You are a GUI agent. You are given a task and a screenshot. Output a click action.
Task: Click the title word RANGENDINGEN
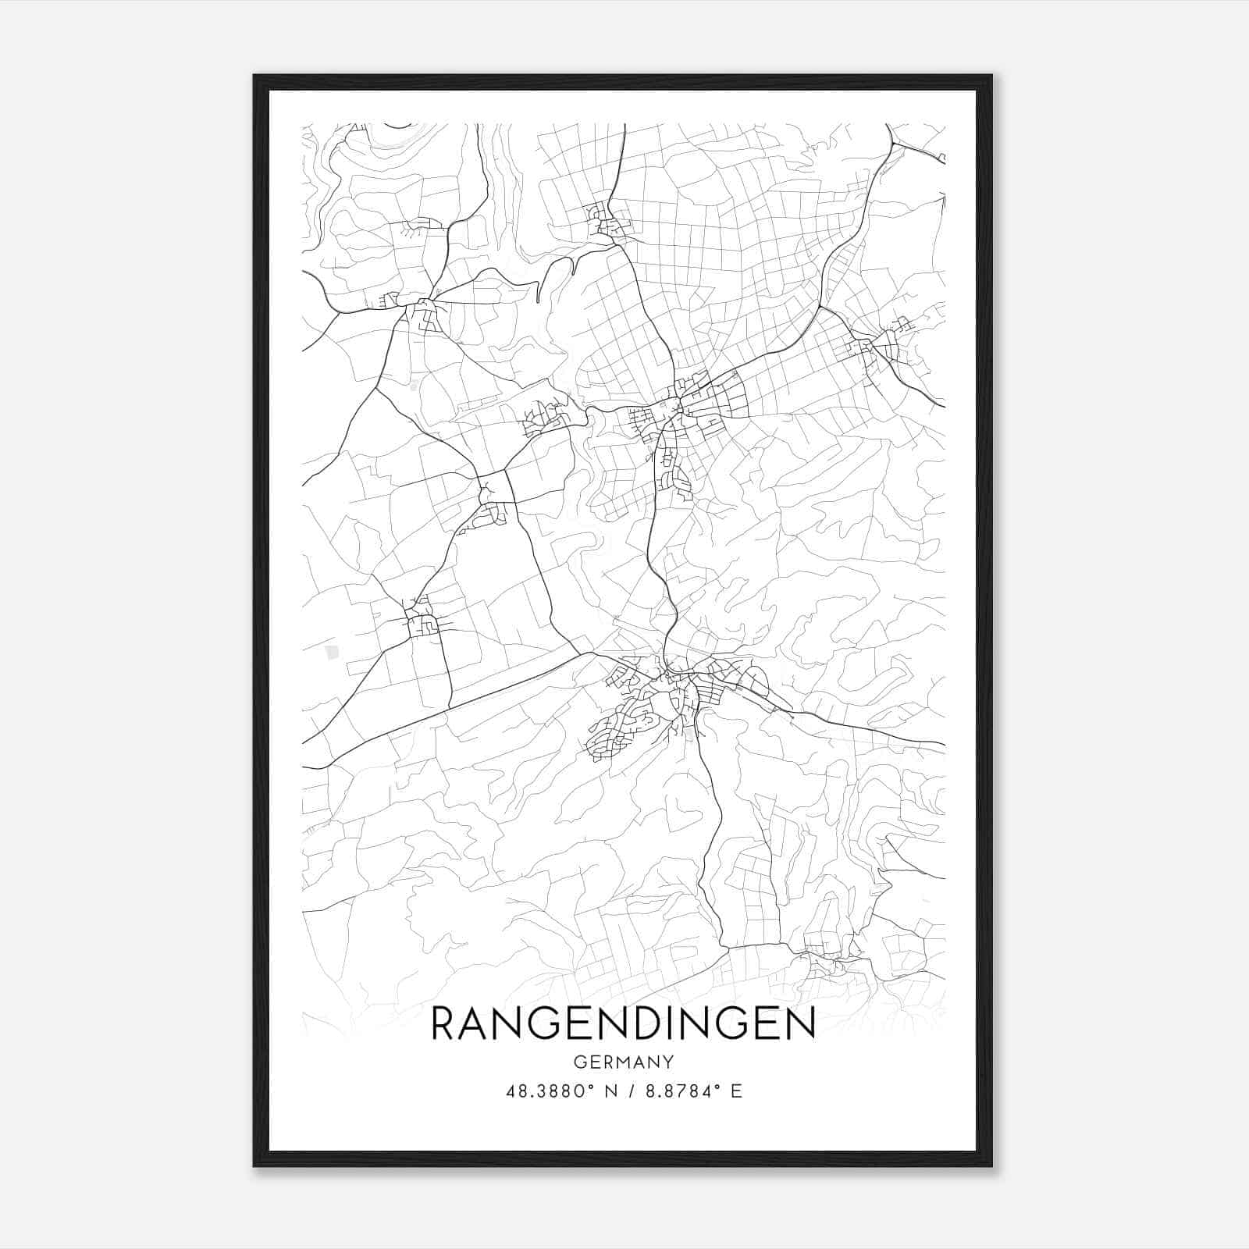point(623,1023)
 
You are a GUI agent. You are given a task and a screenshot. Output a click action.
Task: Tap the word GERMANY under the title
point(623,1062)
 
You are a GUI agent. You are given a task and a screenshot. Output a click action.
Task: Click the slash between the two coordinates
point(631,1091)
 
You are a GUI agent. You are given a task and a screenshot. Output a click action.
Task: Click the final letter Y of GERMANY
point(668,1062)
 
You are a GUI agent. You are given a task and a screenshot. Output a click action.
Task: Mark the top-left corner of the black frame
point(254,76)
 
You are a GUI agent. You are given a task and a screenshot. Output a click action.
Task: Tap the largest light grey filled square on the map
point(333,652)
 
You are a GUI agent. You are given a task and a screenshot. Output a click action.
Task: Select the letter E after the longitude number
point(736,1091)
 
